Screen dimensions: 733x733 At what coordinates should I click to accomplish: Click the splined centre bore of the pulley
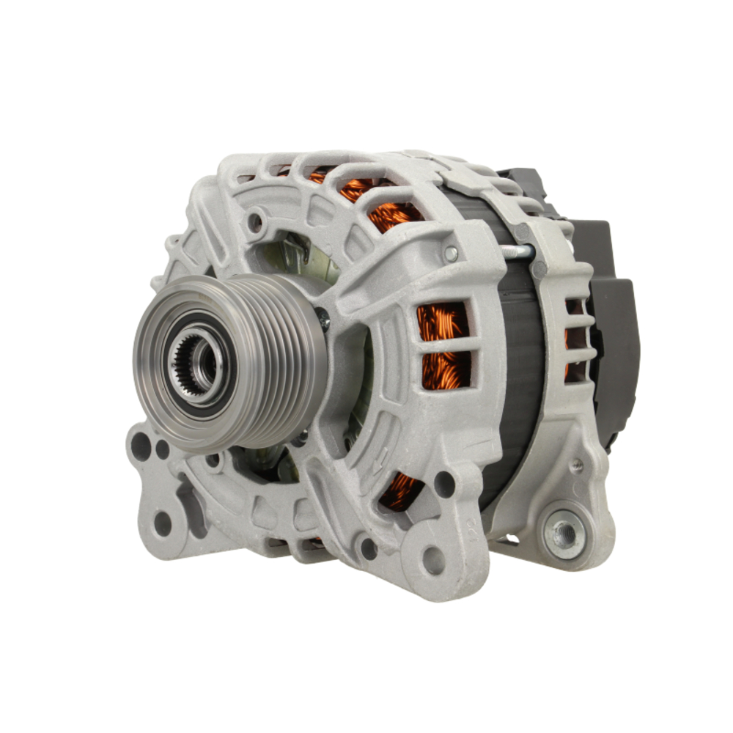(196, 361)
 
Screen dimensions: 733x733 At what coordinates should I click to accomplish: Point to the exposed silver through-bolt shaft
(517, 252)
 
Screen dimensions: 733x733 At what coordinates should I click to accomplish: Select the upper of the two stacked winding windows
(442, 321)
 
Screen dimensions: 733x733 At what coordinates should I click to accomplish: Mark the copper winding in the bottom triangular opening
(402, 490)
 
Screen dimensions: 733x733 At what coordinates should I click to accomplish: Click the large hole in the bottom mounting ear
(433, 560)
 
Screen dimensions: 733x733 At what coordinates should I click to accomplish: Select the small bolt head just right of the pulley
(323, 317)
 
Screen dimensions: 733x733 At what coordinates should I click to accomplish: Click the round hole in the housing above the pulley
(255, 218)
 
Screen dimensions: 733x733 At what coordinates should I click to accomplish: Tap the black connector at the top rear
(522, 183)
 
